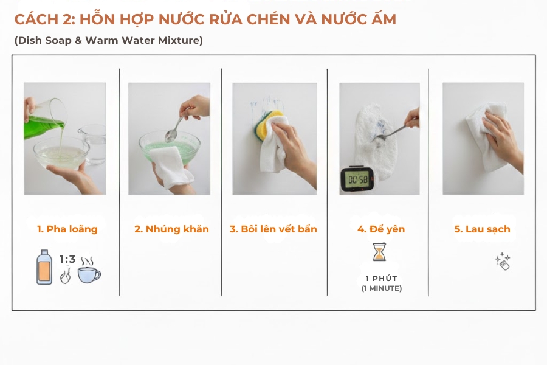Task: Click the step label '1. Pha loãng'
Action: pyautogui.click(x=67, y=229)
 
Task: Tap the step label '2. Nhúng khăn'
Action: pyautogui.click(x=171, y=229)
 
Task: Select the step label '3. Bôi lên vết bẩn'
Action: pyautogui.click(x=273, y=229)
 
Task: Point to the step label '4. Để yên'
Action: pyautogui.click(x=380, y=229)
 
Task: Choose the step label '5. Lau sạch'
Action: pyautogui.click(x=482, y=229)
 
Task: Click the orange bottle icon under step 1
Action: pyautogui.click(x=44, y=268)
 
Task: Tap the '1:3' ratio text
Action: pyautogui.click(x=67, y=259)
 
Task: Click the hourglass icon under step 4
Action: pyautogui.click(x=379, y=252)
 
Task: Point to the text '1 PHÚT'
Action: pyautogui.click(x=381, y=279)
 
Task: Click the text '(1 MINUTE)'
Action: pyautogui.click(x=381, y=288)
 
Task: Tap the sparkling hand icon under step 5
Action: pyautogui.click(x=502, y=262)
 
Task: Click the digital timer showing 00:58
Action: pyautogui.click(x=357, y=179)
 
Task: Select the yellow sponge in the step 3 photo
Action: pyautogui.click(x=267, y=125)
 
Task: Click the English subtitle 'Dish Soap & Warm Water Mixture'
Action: pyautogui.click(x=108, y=41)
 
